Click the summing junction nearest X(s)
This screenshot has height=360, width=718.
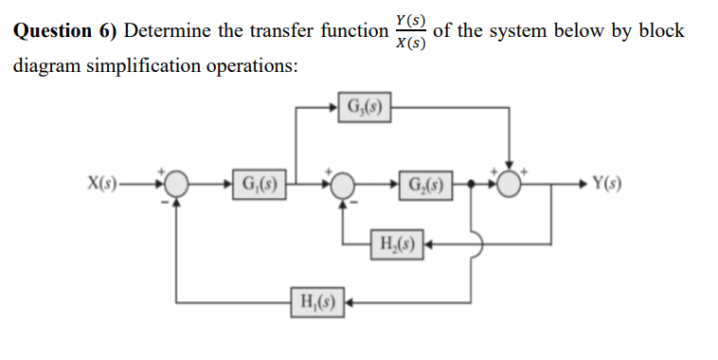point(174,184)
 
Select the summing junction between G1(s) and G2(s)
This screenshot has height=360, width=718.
point(343,184)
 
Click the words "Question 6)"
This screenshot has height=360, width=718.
point(64,30)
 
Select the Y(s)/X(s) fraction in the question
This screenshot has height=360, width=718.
point(410,30)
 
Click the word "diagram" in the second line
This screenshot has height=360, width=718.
point(44,66)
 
